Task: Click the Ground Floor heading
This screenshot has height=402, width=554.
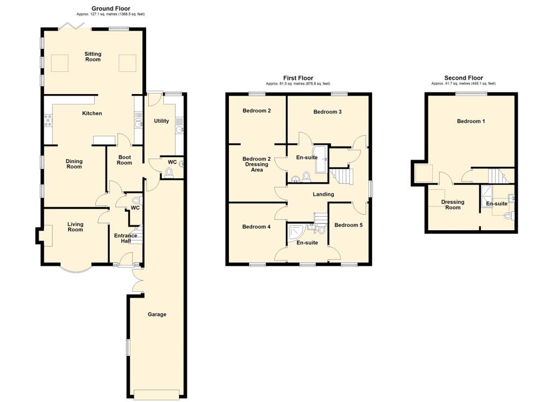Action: [110, 9]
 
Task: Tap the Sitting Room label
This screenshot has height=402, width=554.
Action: [93, 56]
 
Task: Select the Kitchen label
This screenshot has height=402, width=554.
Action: [92, 113]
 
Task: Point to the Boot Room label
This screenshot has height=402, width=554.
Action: [124, 160]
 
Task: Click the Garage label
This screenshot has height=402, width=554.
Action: [157, 314]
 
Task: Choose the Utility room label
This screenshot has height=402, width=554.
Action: [162, 121]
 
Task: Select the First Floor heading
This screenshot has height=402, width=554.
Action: [298, 78]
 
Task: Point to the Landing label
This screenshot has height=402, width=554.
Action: [324, 194]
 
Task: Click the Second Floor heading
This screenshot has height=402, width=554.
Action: [463, 78]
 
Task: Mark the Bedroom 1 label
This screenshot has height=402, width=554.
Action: [471, 122]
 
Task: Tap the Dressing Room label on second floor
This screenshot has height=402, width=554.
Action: [453, 205]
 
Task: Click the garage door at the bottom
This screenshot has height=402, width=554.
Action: [157, 394]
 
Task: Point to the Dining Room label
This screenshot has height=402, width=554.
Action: [74, 164]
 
